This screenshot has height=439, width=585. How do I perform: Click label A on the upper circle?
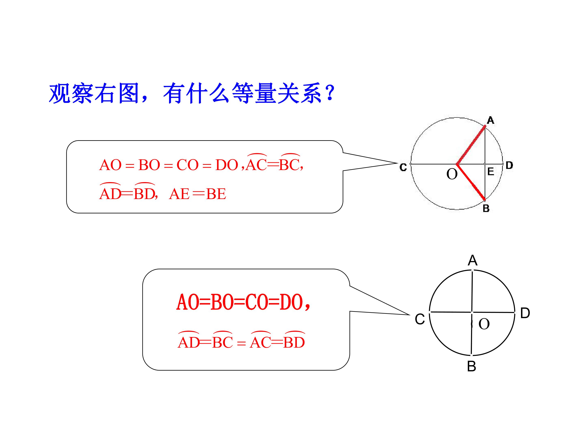click(490, 120)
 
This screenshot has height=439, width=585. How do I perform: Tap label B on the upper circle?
click(486, 209)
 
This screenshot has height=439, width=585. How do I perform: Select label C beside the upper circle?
click(403, 167)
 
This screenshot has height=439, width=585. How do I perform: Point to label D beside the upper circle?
click(509, 165)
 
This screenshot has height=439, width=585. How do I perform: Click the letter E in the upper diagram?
click(491, 172)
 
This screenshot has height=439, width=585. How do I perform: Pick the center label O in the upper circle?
click(452, 174)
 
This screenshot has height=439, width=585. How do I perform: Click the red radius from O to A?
click(471, 145)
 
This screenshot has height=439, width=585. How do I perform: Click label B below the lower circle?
click(471, 366)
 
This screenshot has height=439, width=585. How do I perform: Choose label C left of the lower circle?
click(420, 319)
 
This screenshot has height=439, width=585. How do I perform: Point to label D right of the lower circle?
click(525, 313)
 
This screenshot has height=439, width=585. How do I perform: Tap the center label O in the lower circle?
click(484, 324)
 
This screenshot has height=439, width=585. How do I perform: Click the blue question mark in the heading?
click(330, 93)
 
